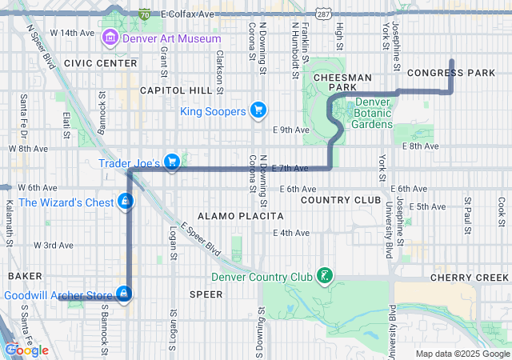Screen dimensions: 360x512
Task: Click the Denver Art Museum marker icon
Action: click(x=110, y=38)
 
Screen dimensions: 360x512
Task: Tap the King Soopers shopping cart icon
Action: click(x=258, y=110)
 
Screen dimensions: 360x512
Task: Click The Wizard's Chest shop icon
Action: click(x=125, y=202)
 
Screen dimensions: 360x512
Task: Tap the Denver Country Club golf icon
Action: click(x=324, y=277)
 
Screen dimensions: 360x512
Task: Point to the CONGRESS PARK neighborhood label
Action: click(x=451, y=73)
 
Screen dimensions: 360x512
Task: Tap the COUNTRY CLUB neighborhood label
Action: click(x=341, y=199)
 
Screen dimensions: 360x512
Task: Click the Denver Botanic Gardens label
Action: click(x=372, y=113)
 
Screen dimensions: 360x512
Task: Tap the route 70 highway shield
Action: click(x=143, y=14)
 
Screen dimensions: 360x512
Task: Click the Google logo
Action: click(x=26, y=350)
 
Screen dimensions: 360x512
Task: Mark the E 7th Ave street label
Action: click(x=290, y=168)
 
